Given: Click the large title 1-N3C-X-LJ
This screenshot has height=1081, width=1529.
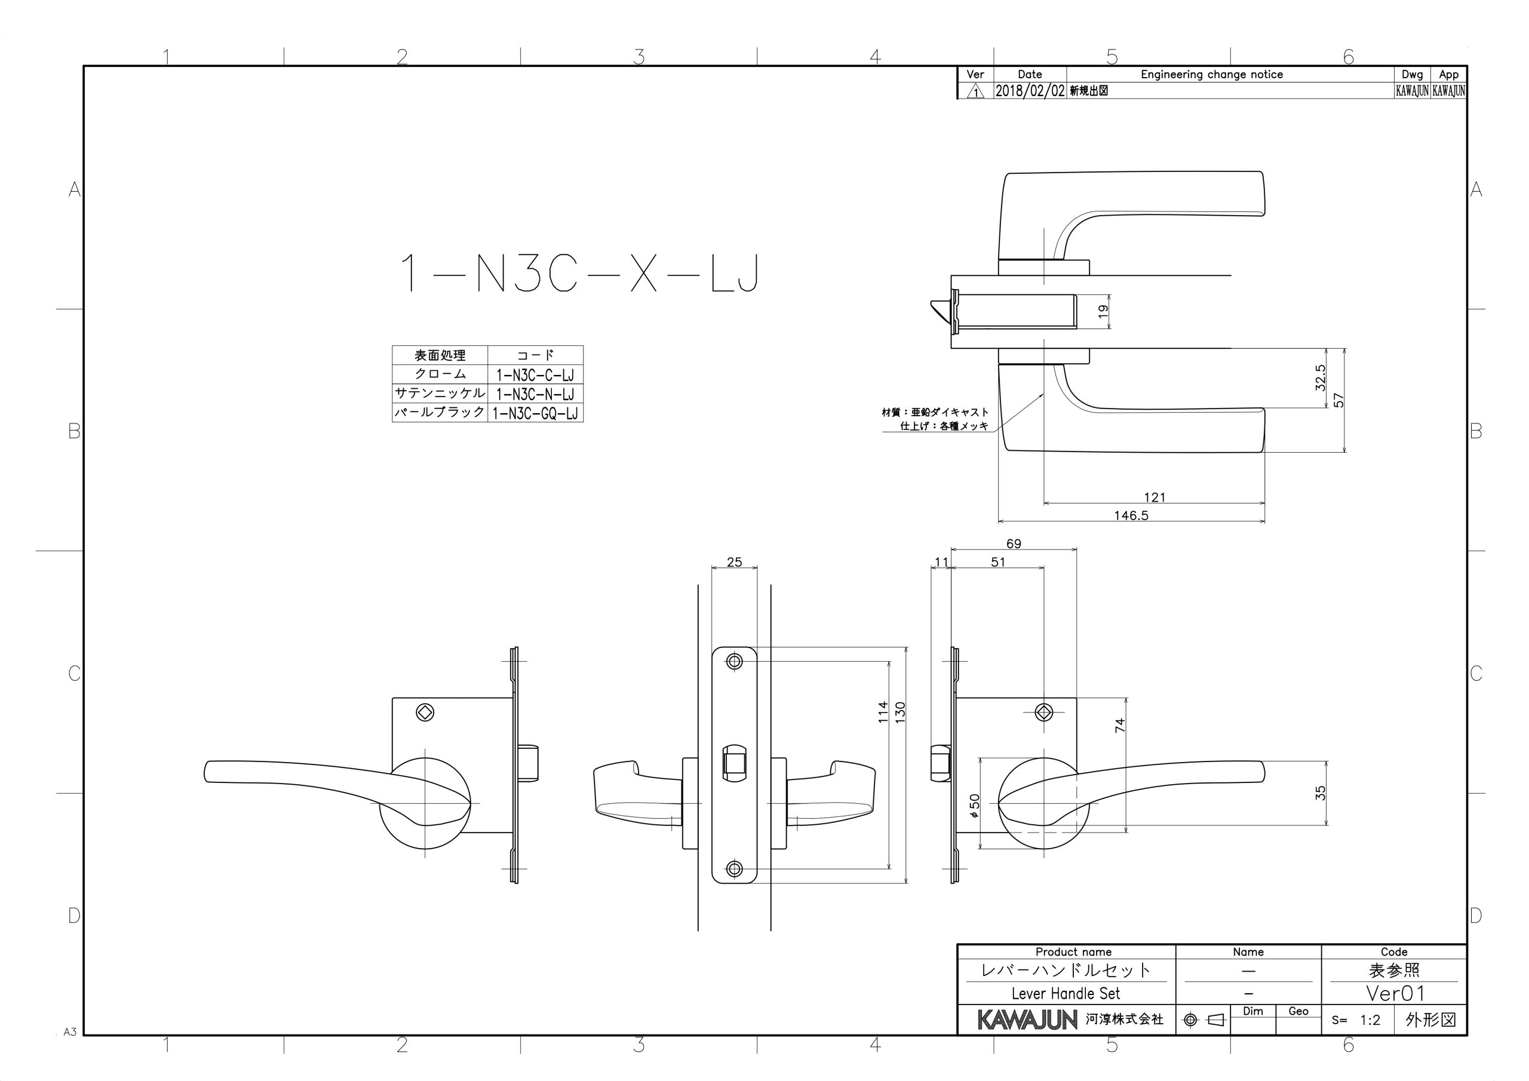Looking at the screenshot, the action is [579, 273].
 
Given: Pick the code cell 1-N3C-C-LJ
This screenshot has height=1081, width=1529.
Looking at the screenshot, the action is [535, 375].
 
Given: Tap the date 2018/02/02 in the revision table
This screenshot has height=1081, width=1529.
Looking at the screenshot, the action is [1030, 91].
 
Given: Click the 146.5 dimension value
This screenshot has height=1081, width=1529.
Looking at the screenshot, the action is [1131, 515].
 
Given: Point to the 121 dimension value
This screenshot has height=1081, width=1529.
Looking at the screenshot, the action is [1154, 497].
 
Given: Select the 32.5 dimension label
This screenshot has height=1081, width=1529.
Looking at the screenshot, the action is [1321, 377].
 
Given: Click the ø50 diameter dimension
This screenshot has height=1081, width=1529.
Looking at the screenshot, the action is [974, 805].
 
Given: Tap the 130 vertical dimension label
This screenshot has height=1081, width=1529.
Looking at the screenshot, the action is [900, 713].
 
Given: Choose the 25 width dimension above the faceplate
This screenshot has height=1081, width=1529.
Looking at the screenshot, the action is [734, 562].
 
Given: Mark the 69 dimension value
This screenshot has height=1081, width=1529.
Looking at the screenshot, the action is [1014, 543].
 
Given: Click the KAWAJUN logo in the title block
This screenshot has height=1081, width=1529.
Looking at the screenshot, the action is [1027, 1019].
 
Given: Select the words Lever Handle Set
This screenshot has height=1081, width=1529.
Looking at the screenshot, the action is [1066, 993].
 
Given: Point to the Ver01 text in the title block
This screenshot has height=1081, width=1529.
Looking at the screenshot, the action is [1395, 993].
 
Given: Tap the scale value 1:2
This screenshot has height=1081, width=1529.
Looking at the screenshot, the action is [1370, 1019].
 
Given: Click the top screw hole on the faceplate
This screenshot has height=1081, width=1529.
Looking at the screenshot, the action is [734, 661].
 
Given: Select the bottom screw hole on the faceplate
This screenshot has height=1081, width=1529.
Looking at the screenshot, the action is [734, 868].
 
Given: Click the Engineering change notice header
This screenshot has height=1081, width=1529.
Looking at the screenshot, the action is [1211, 75].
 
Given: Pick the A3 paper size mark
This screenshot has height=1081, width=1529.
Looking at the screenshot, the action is [70, 1031].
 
